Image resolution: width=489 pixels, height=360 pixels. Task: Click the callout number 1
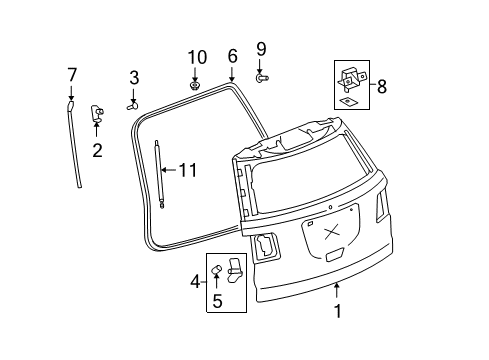pos(337,311)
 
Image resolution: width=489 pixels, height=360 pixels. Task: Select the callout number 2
pos(97,151)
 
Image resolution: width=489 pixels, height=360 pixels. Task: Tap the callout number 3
pos(133,78)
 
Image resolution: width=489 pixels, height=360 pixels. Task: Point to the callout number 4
pos(197,283)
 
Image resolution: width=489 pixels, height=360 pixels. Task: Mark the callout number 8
pos(381,86)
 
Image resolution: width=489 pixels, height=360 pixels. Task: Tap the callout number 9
pos(261,48)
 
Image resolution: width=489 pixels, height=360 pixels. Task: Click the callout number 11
pos(187,170)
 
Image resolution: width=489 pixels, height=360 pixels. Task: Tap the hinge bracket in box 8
pos(352,76)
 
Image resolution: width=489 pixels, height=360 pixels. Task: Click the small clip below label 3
pos(132,102)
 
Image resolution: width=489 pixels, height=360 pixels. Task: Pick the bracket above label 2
pos(98,112)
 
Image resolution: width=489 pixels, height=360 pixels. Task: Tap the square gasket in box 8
pos(347,101)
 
